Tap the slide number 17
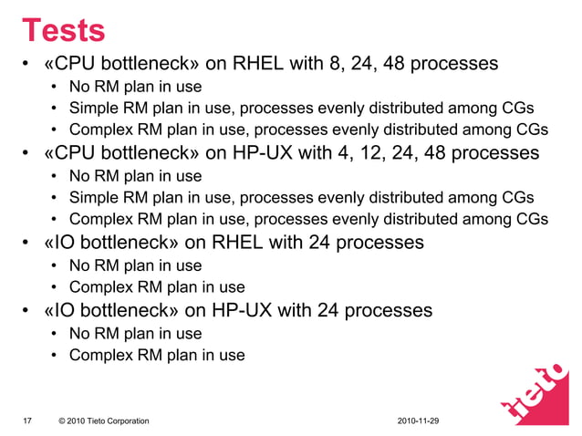pos(27,420)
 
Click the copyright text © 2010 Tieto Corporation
pos(103,420)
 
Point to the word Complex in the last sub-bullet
pos(99,355)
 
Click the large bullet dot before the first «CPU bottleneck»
pos(26,66)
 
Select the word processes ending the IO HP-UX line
pos(388,310)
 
